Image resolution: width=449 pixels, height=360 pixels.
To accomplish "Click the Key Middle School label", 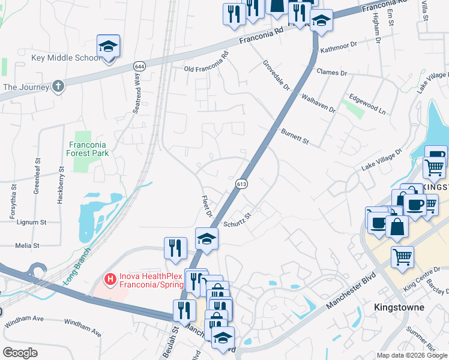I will coord(66,58).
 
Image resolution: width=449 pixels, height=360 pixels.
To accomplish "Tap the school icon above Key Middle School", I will coord(109,46).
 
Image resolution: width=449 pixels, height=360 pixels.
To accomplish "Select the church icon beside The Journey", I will coord(58,86).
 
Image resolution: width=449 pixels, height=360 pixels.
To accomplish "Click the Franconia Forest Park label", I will coord(88,148).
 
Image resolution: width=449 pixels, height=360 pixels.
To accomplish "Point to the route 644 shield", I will coord(139,66).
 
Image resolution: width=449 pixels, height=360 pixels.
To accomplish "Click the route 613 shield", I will coord(242,184).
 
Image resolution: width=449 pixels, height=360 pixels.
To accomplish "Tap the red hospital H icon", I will coord(110,278).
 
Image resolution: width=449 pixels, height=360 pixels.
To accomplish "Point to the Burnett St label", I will coord(294,136).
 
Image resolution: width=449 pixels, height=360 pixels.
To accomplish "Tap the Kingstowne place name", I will coord(399,307).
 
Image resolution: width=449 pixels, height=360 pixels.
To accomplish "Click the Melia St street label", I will coord(27,245).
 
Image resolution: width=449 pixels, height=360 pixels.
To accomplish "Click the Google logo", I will coord(20,352).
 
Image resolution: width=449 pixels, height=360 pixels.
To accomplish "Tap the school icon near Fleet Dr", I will coord(206,238).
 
